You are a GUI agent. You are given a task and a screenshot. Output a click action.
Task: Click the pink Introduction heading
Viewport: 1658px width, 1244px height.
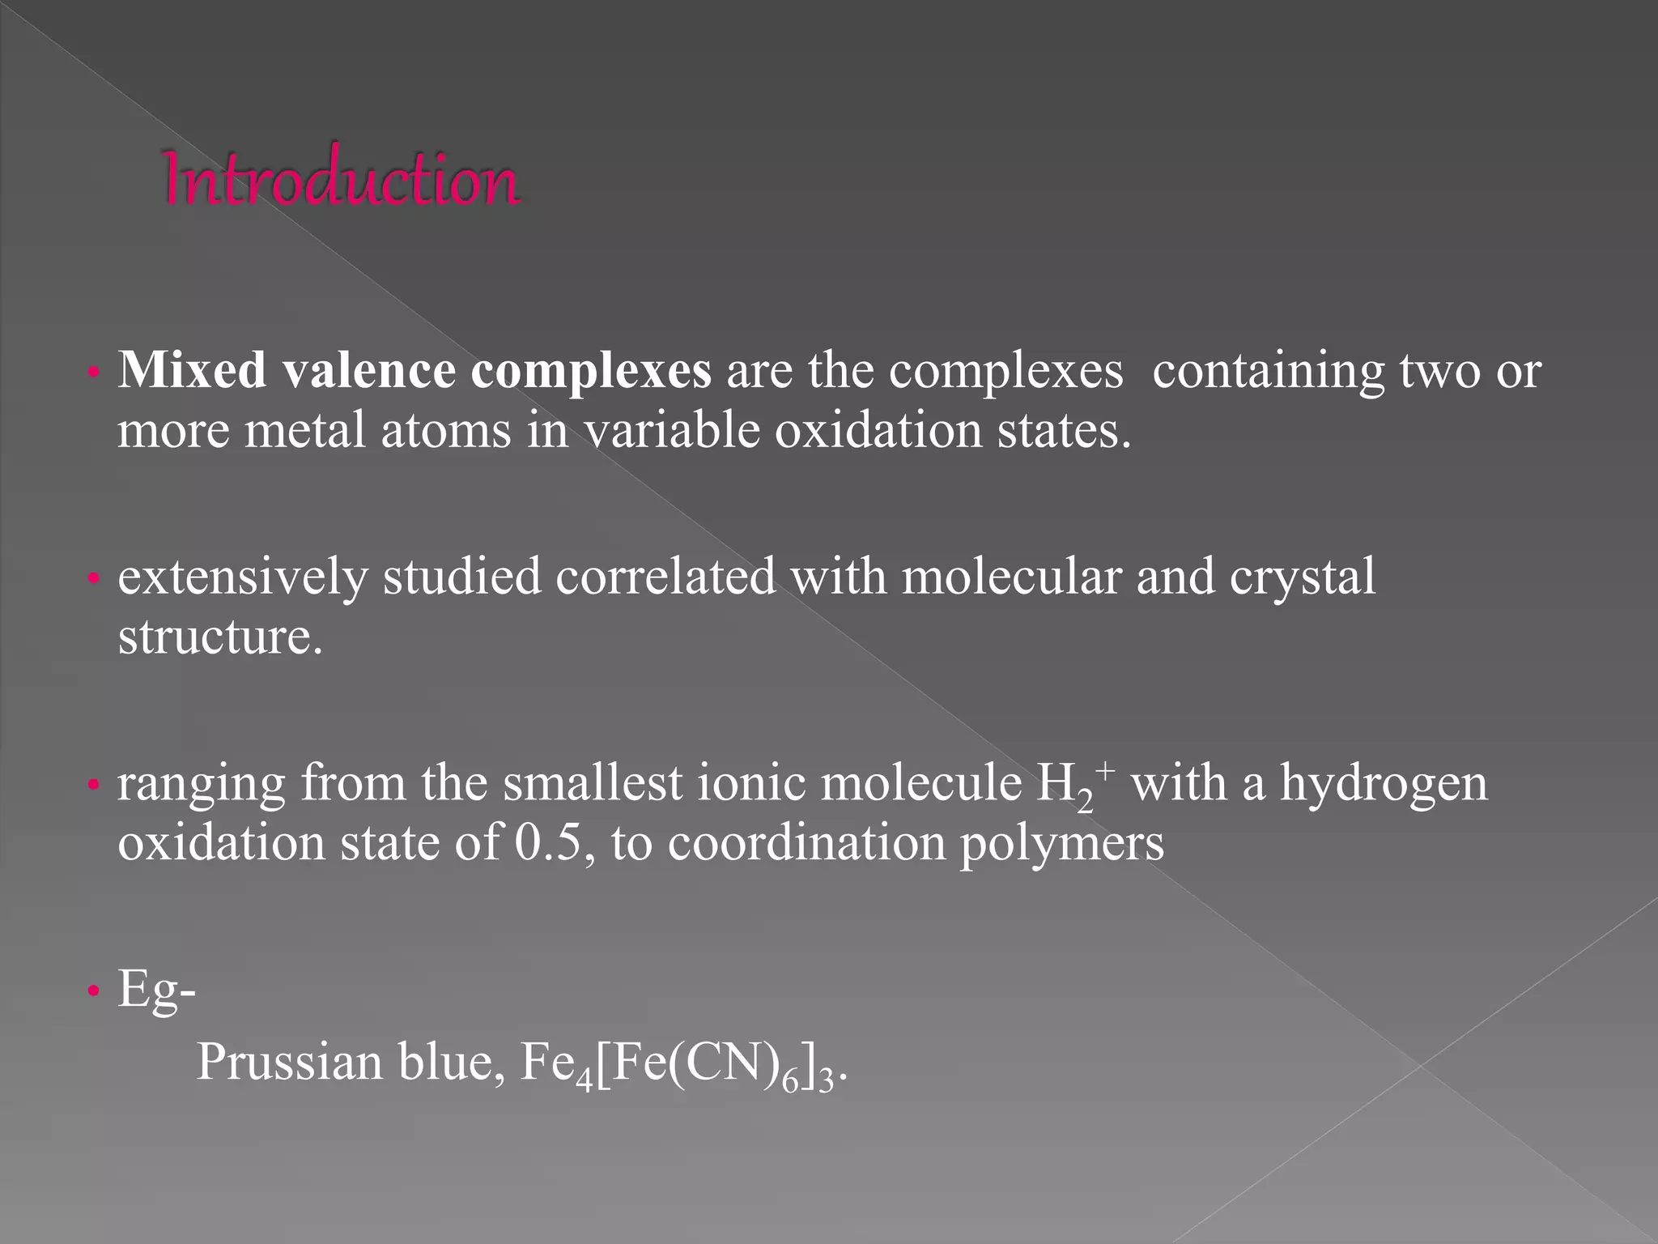coord(341,179)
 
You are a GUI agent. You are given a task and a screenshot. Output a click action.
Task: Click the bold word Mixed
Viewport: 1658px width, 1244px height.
coord(192,371)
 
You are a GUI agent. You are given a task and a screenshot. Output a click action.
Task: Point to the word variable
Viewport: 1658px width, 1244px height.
coord(671,430)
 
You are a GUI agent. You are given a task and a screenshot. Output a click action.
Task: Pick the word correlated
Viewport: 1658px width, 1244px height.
coord(665,577)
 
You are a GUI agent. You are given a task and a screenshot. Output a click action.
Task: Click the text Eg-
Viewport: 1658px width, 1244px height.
coord(156,991)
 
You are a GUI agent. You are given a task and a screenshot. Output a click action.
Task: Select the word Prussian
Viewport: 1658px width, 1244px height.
coord(289,1062)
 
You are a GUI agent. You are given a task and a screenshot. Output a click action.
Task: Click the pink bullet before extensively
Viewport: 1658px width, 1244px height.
coord(94,579)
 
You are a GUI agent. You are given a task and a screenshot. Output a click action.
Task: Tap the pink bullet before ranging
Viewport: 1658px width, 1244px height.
coord(94,785)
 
